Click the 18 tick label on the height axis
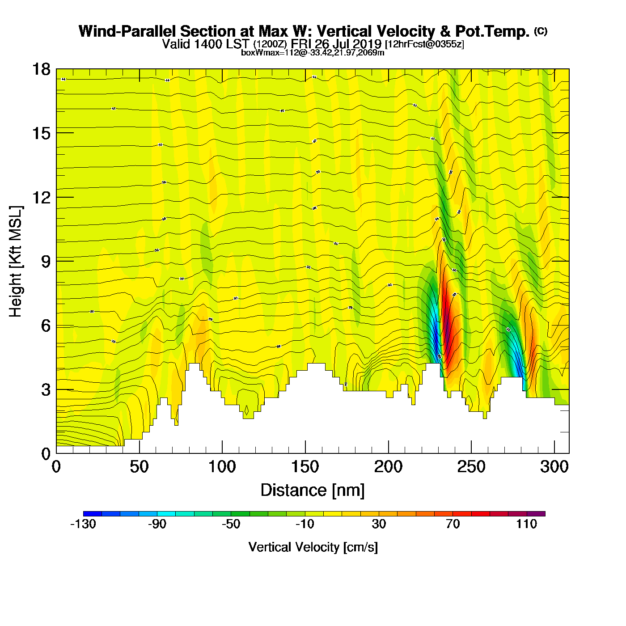click(x=41, y=69)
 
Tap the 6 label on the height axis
click(x=46, y=326)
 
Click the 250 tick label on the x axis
click(x=471, y=467)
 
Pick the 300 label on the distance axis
click(x=554, y=467)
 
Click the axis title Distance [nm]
click(x=313, y=491)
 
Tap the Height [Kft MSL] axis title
click(x=16, y=262)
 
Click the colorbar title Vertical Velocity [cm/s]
click(x=313, y=547)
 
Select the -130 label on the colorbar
click(x=83, y=524)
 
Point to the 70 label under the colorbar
click(x=453, y=524)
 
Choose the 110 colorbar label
click(x=526, y=524)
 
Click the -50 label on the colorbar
click(x=231, y=524)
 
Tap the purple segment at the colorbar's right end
click(x=536, y=514)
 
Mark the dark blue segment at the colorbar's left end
click(x=93, y=514)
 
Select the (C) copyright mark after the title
click(x=541, y=31)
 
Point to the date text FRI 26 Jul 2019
click(x=336, y=44)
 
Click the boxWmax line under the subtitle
click(x=313, y=52)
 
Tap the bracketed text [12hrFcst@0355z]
click(x=424, y=44)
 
